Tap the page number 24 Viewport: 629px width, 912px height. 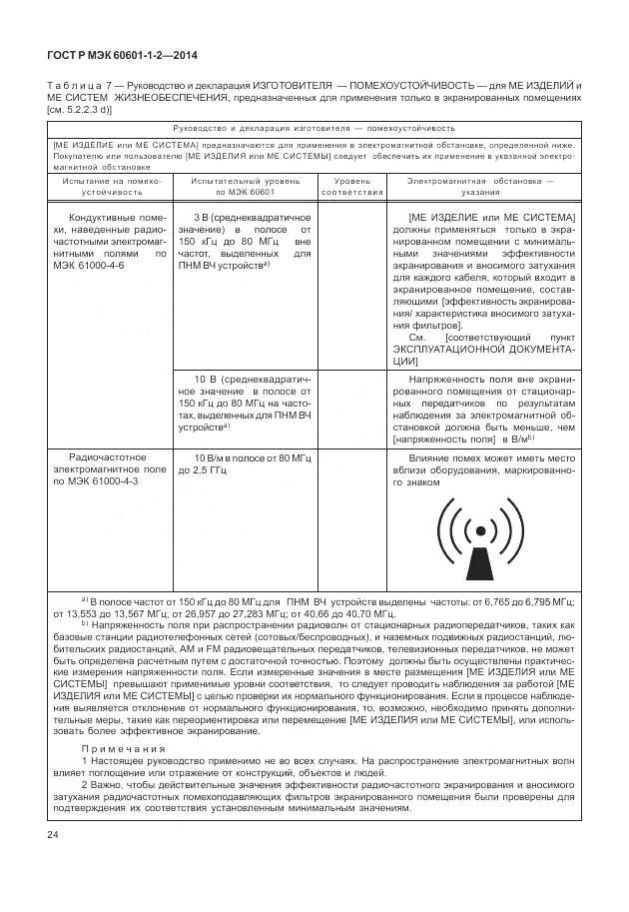tap(52, 834)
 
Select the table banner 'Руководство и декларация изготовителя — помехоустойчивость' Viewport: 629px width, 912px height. tap(314, 128)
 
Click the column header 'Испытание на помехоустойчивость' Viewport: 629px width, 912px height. tap(105, 186)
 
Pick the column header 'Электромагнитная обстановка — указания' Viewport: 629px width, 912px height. tap(480, 186)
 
